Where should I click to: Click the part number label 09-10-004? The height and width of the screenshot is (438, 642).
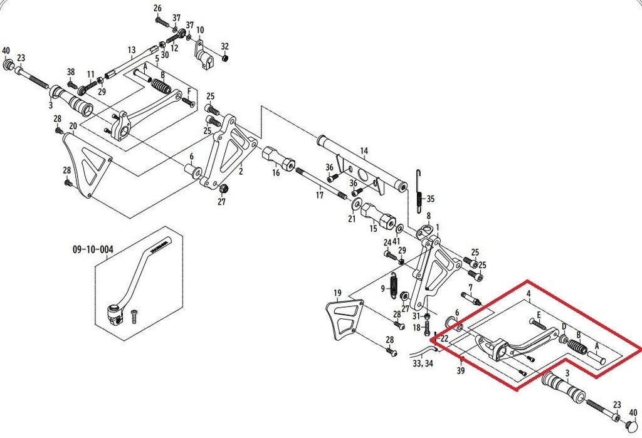point(93,249)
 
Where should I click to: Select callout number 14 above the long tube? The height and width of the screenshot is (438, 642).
point(364,152)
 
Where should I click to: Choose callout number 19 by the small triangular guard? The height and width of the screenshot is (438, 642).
point(337,293)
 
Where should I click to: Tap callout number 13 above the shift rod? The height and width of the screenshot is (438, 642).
point(132,50)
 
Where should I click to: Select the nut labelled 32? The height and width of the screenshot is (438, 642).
point(225,58)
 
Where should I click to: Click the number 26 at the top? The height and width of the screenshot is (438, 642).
point(157,8)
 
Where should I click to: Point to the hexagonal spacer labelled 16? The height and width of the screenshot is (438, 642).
point(278,158)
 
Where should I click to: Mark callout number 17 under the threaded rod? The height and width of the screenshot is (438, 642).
point(319,196)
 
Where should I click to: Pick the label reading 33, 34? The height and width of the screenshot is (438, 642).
point(423,363)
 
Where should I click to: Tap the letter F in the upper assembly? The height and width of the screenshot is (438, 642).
point(189,91)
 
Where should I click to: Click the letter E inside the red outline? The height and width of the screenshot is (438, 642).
point(539,315)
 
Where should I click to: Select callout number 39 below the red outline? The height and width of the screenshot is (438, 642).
point(461,372)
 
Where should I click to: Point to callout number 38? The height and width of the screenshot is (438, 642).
point(71,72)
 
